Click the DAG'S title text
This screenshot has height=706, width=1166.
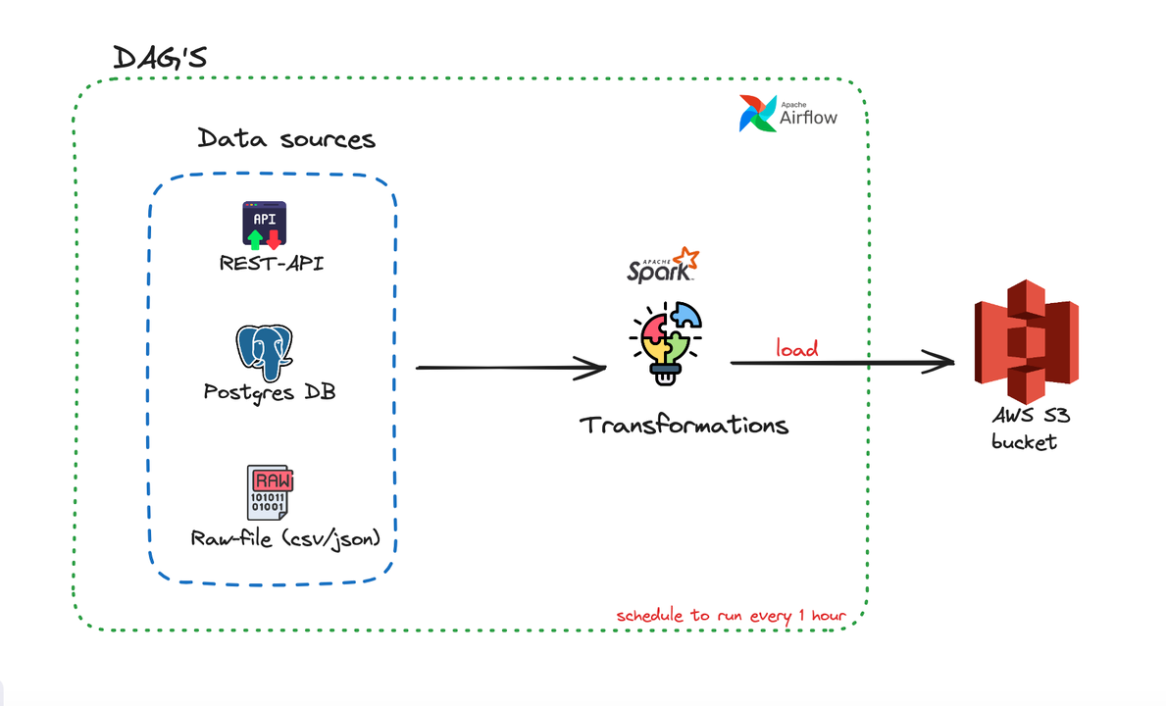point(160,58)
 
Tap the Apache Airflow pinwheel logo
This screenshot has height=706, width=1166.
point(758,114)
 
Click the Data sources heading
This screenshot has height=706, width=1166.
point(286,138)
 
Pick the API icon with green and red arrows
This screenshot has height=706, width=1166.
point(265,225)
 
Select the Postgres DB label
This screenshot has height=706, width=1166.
point(269,391)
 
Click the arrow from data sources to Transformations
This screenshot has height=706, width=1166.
point(510,368)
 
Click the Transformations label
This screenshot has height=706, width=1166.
point(684,426)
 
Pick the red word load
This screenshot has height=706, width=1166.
point(796,348)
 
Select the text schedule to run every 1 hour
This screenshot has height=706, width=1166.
point(731,616)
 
